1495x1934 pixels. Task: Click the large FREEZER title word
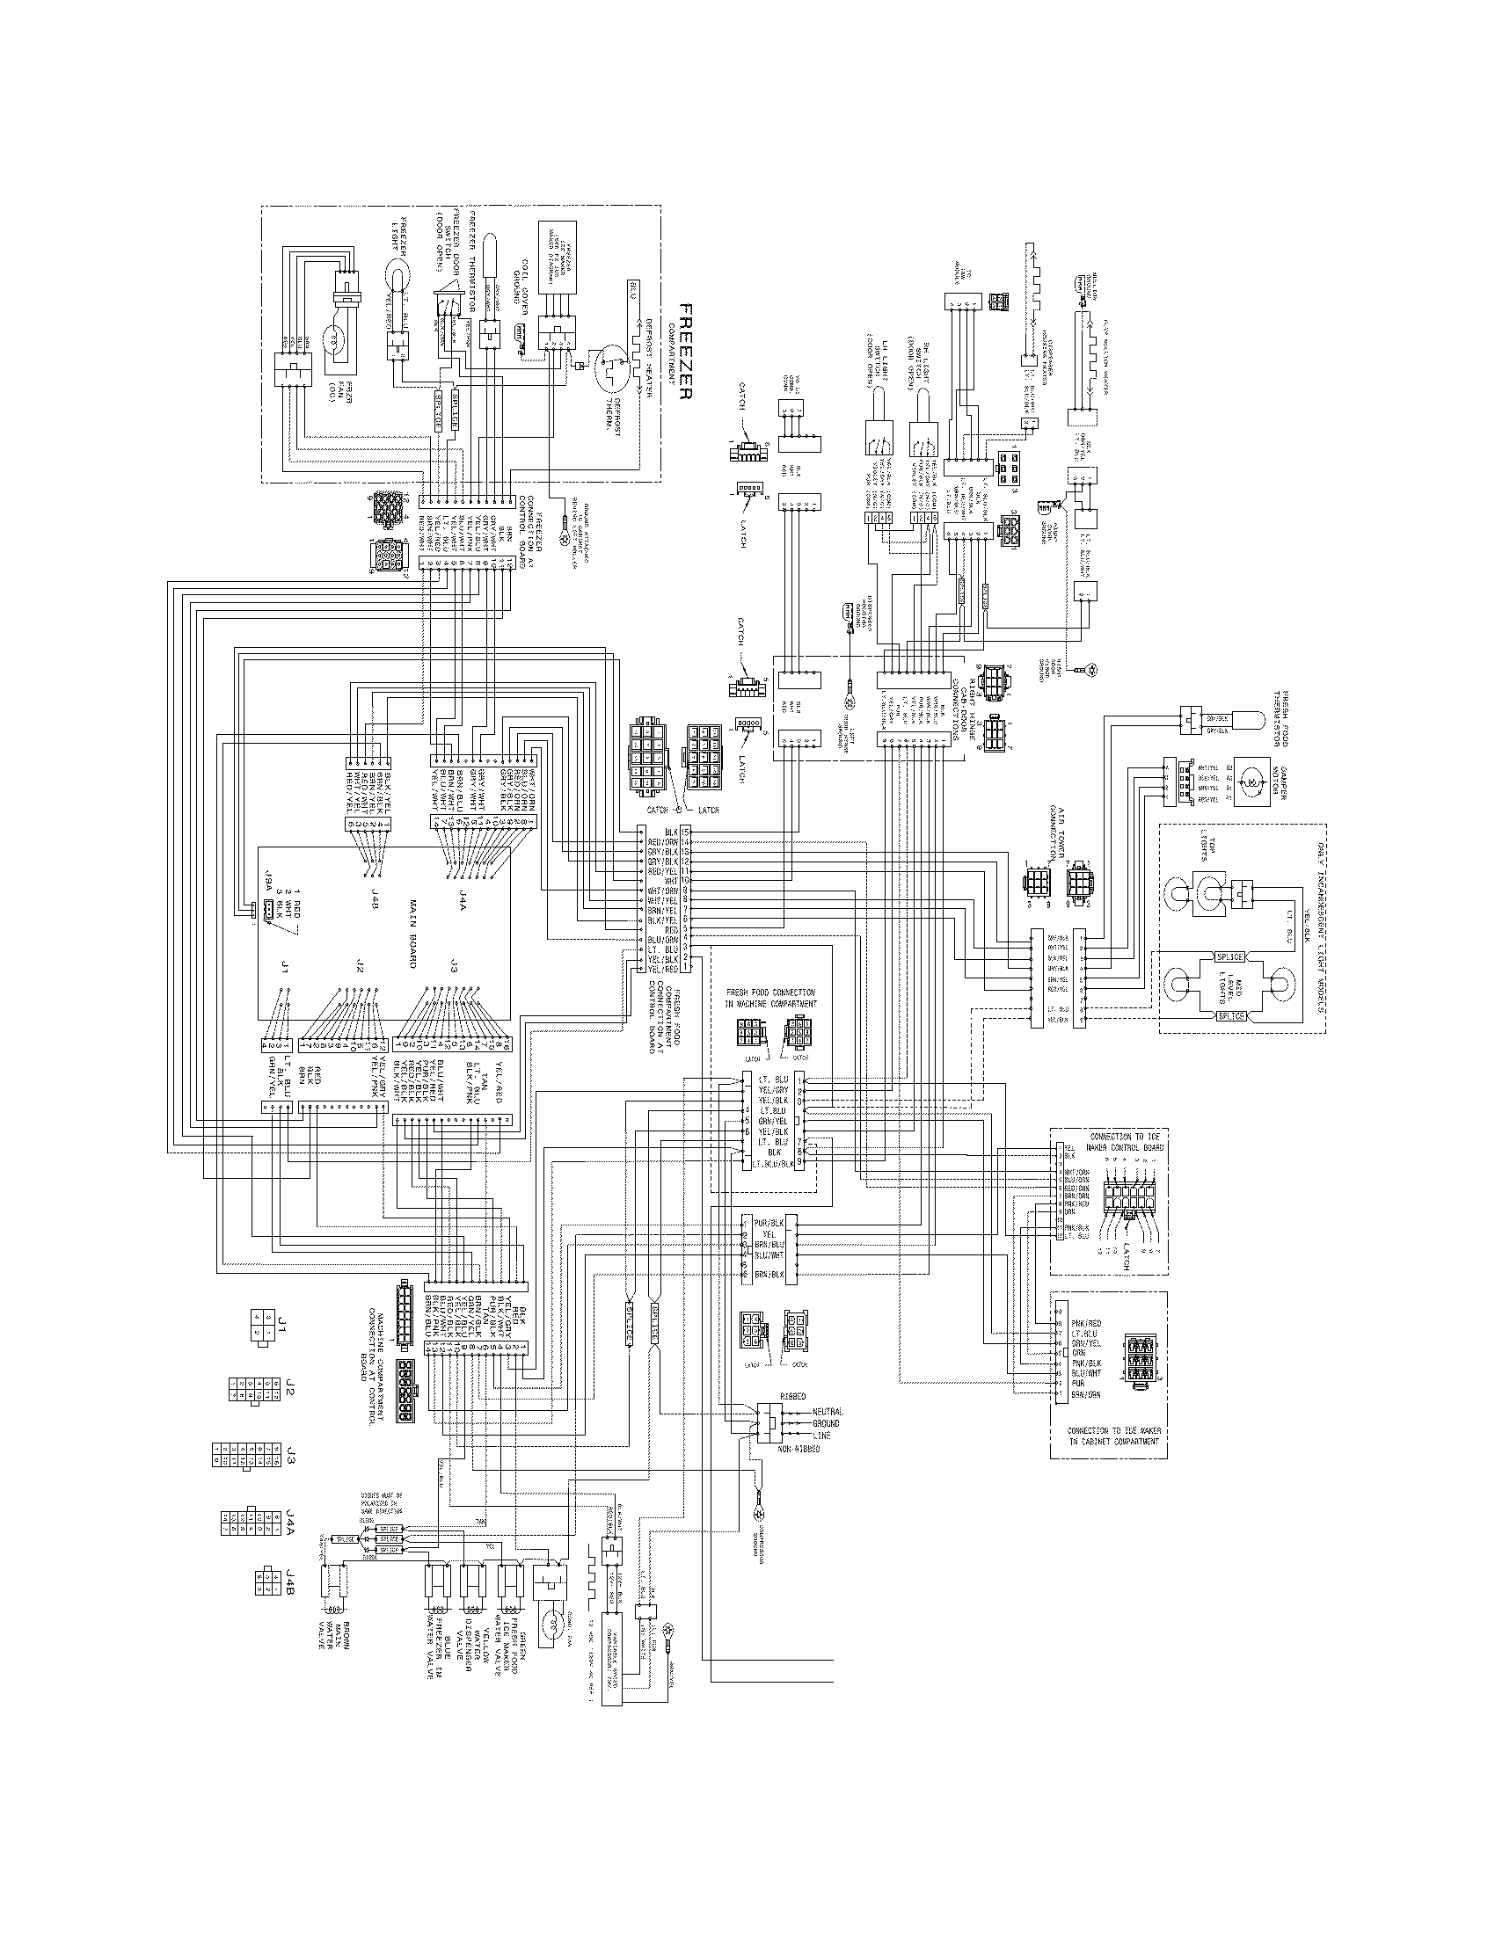[x=683, y=352]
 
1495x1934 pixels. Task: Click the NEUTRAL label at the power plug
[x=828, y=1412]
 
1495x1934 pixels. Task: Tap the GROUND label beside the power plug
[x=828, y=1423]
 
